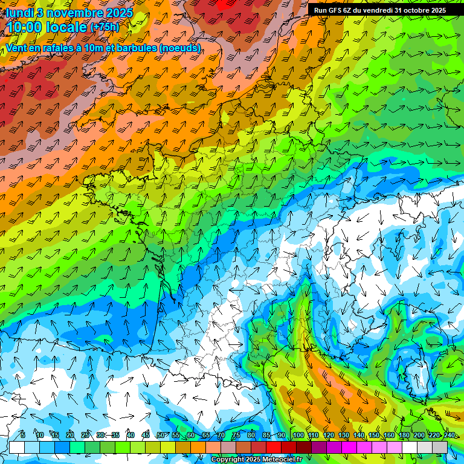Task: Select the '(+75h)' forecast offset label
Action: [x=105, y=27]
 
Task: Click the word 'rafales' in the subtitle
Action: [x=51, y=48]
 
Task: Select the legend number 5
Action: [x=23, y=435]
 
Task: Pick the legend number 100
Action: [x=298, y=435]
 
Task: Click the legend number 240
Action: [x=449, y=435]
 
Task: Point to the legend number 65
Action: [x=206, y=435]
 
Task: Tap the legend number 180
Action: [x=404, y=435]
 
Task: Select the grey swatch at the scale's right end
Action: [x=440, y=447]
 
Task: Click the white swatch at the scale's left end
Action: [x=17, y=447]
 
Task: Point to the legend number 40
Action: [x=130, y=435]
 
